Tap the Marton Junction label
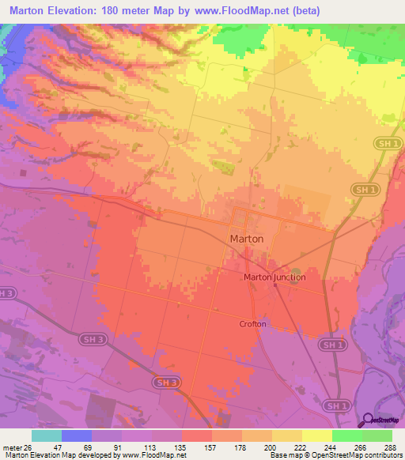pyautogui.click(x=274, y=277)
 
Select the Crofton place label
pyautogui.click(x=252, y=324)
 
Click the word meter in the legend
pyautogui.click(x=11, y=447)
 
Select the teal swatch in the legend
pyautogui.click(x=46, y=435)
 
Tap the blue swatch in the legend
pyautogui.click(x=76, y=435)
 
